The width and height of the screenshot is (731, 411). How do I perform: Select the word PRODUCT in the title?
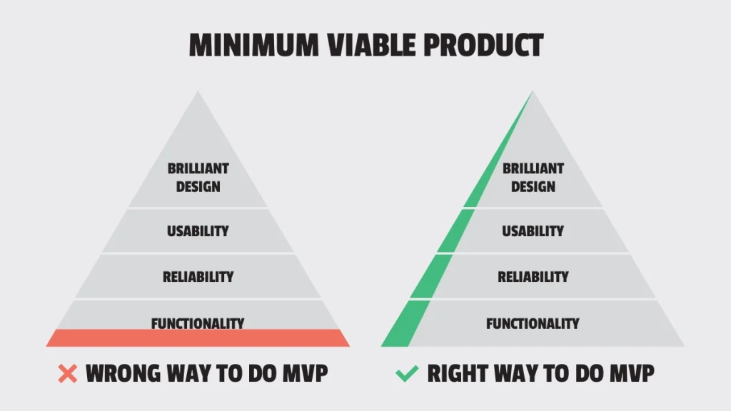click(x=486, y=44)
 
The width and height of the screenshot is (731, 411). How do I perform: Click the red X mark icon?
click(x=67, y=373)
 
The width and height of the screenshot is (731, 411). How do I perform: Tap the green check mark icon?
click(x=406, y=373)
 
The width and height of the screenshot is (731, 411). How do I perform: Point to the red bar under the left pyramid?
click(x=198, y=338)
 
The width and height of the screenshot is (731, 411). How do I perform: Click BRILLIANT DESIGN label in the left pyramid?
click(x=198, y=178)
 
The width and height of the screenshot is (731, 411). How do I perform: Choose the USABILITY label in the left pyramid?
click(x=198, y=231)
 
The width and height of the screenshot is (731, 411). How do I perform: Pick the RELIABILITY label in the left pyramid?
click(x=198, y=277)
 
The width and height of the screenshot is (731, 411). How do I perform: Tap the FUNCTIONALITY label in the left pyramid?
click(x=198, y=323)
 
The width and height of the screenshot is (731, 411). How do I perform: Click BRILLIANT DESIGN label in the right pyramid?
click(x=533, y=178)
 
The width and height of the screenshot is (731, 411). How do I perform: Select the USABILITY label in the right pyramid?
click(x=533, y=231)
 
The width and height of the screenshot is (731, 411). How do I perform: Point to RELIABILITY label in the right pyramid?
click(x=533, y=277)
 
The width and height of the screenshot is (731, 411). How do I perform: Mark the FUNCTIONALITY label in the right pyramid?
click(x=533, y=324)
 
